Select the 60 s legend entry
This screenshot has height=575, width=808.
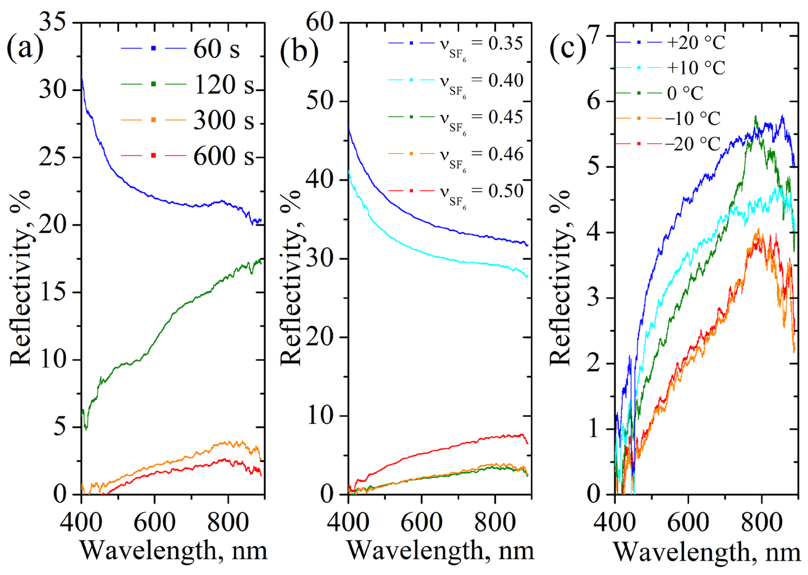[x=216, y=49]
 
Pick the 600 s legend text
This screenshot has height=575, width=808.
[x=223, y=156]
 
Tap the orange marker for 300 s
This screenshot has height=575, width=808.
[x=153, y=120]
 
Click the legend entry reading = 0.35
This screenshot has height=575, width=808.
[x=497, y=43]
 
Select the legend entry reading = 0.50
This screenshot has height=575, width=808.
[x=497, y=191]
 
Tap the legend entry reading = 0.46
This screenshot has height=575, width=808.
[x=497, y=154]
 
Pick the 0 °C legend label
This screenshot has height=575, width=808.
[x=685, y=93]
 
